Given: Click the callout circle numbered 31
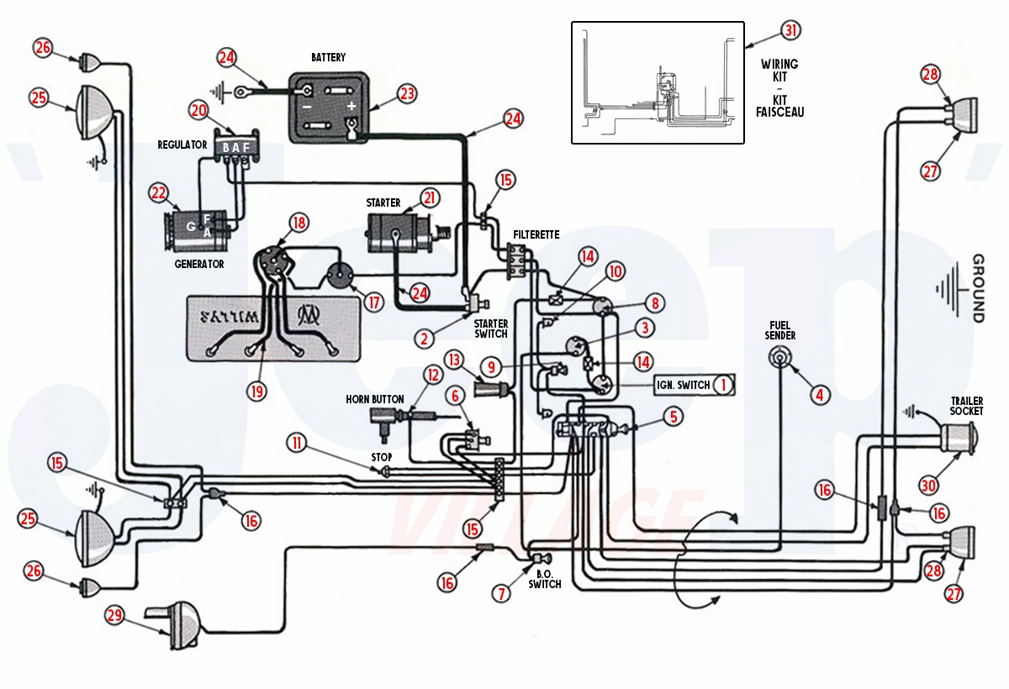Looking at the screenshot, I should (790, 30).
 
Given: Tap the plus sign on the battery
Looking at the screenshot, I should (352, 107).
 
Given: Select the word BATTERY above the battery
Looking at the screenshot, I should (328, 57).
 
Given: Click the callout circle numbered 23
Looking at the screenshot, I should (407, 94).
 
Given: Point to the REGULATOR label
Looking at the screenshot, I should (182, 145).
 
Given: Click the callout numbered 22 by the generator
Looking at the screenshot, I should (160, 192).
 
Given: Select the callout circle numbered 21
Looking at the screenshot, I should (430, 197).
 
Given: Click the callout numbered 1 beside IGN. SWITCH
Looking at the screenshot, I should (722, 385).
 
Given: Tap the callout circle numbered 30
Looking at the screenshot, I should (927, 486).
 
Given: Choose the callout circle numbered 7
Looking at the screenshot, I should (502, 594).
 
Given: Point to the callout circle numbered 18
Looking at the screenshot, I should (298, 223).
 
